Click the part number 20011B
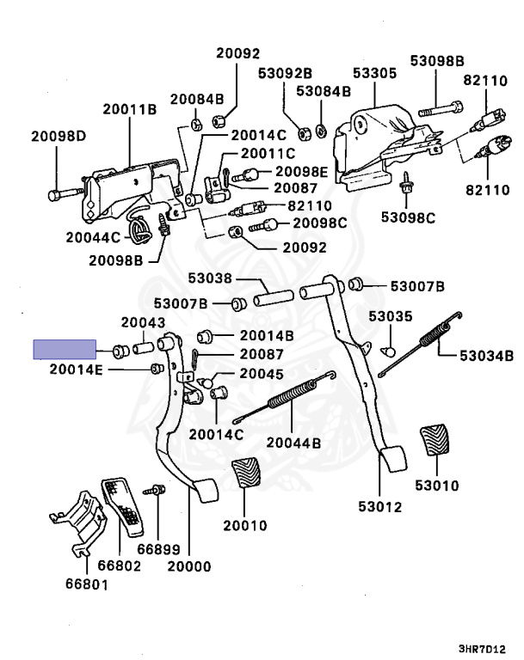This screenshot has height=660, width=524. pos(129,109)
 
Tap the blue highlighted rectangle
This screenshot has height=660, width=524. pos(64,350)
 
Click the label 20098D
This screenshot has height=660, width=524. pos(59,136)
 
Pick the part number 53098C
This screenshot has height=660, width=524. pos(410,217)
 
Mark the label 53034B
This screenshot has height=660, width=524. pos(486,354)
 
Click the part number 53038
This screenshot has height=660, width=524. pos(211,278)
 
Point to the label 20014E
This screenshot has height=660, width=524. pos(76,370)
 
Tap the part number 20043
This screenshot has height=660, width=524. pos(142,322)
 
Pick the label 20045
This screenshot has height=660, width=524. pos(262,374)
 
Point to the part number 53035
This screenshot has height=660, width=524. pos(385,316)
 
